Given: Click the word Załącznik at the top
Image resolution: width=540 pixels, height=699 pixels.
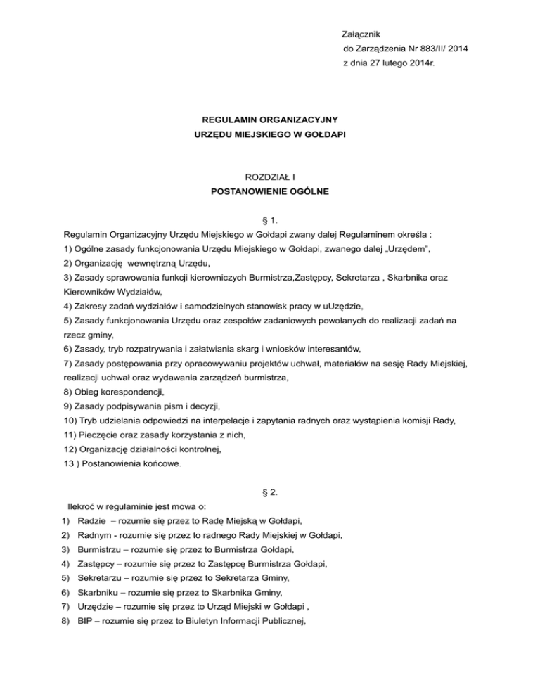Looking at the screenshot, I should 361,34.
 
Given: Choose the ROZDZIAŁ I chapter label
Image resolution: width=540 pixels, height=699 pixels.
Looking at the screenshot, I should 270,177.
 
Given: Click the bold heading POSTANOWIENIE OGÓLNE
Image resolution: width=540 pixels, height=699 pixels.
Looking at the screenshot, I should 270,191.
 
